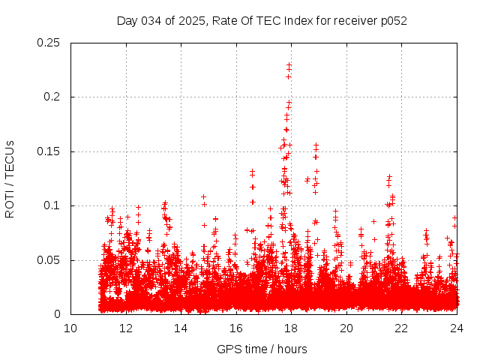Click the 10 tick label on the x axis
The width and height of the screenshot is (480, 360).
click(70, 328)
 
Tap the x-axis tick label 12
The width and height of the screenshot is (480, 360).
click(126, 328)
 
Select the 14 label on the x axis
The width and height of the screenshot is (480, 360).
click(181, 328)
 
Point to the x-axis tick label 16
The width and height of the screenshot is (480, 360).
click(236, 328)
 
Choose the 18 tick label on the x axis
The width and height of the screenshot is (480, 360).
click(291, 328)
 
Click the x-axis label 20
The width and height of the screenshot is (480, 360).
click(346, 328)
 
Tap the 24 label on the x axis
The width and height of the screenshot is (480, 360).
click(457, 328)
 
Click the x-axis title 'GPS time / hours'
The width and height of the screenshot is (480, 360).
click(262, 349)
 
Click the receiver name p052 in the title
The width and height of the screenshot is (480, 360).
click(392, 20)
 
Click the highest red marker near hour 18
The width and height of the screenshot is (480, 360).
click(289, 64)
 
